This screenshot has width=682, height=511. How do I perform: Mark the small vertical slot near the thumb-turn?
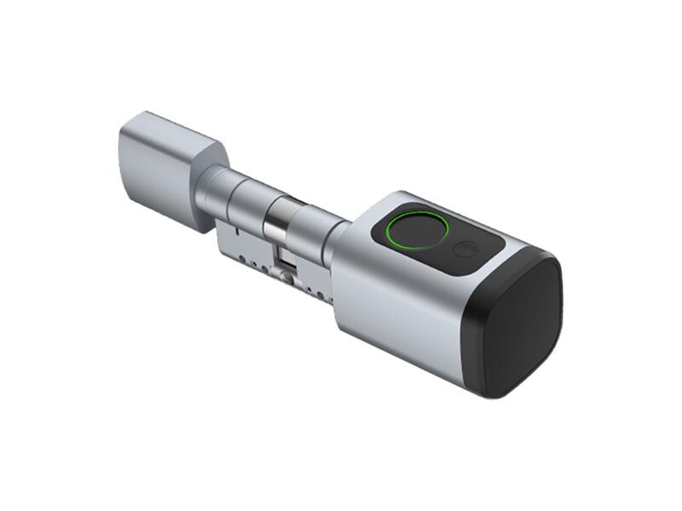click(x=228, y=230)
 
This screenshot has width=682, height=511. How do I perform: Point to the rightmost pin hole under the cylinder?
click(x=322, y=290)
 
